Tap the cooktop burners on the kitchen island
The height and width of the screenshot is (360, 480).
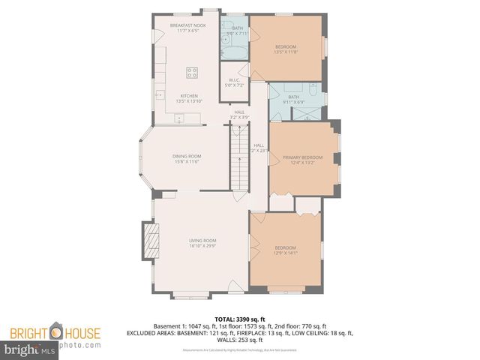pyautogui.click(x=192, y=73)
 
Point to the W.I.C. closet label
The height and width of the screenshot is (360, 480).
pyautogui.click(x=234, y=84)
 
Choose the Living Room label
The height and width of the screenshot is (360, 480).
pyautogui.click(x=202, y=242)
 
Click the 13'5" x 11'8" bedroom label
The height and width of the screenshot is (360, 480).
pyautogui.click(x=286, y=49)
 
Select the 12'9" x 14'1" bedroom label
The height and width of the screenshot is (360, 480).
pyautogui.click(x=286, y=250)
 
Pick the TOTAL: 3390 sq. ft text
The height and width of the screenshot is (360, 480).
pyautogui.click(x=240, y=319)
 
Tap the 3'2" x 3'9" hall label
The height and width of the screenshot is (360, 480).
pyautogui.click(x=238, y=115)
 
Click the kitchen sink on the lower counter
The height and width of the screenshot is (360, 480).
pyautogui.click(x=178, y=118)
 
